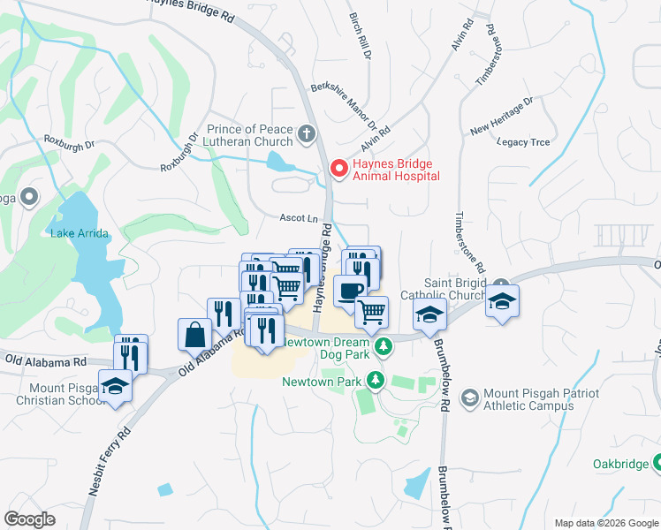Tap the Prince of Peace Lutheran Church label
249,135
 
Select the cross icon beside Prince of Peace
307,135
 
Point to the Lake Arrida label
80,233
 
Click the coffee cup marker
349,291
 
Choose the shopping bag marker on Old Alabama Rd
194,336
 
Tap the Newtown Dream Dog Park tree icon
383,345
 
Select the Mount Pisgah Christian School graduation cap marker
114,387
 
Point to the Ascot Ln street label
299,217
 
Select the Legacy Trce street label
523,141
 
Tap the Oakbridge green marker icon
657,463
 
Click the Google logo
30,519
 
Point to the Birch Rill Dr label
363,35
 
